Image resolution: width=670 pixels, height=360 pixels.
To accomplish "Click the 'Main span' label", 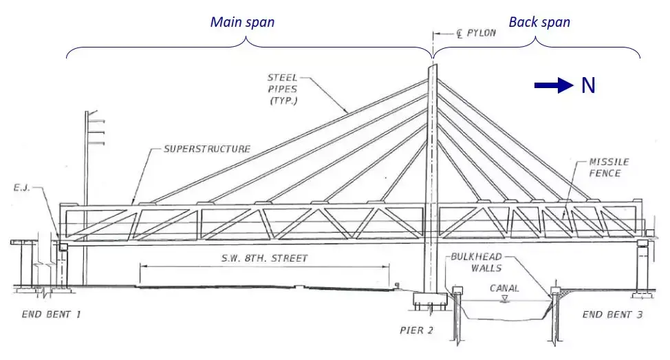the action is (x=242, y=22).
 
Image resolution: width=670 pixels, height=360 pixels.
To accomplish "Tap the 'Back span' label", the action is (x=539, y=22).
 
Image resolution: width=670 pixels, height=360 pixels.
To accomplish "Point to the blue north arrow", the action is (x=554, y=85).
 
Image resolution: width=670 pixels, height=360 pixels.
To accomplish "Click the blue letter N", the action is (x=587, y=85).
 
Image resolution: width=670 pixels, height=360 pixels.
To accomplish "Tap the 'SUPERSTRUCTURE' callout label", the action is (x=207, y=149).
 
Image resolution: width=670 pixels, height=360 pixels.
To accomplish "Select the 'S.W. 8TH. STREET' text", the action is (x=264, y=259).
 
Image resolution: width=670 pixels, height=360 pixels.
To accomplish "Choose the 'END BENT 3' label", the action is (x=612, y=315).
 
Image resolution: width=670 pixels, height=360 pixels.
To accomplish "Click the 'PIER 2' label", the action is (x=416, y=330).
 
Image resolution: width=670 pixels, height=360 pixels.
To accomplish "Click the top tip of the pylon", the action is (x=433, y=67).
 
